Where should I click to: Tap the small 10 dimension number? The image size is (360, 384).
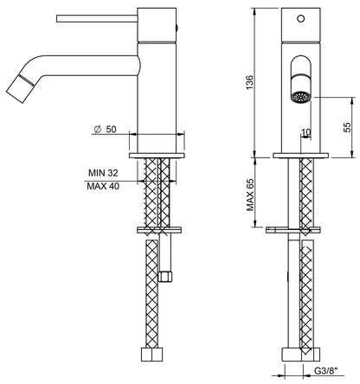coord(305,132)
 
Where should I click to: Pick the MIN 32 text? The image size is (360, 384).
coord(101,172)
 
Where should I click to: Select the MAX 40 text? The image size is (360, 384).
coord(101,185)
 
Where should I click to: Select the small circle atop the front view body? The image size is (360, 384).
coord(304,16)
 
